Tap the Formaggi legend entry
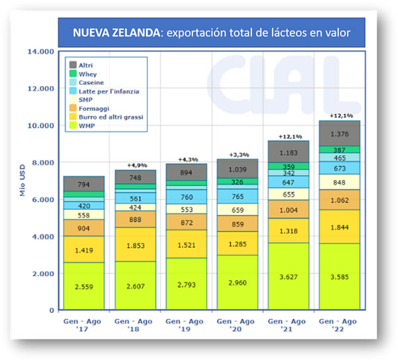coord(93,107)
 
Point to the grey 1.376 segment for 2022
coord(340,134)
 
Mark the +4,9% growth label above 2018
coord(136,165)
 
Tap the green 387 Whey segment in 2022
coord(340,150)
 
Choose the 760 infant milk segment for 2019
coord(186,196)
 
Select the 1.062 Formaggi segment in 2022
coord(340,200)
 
